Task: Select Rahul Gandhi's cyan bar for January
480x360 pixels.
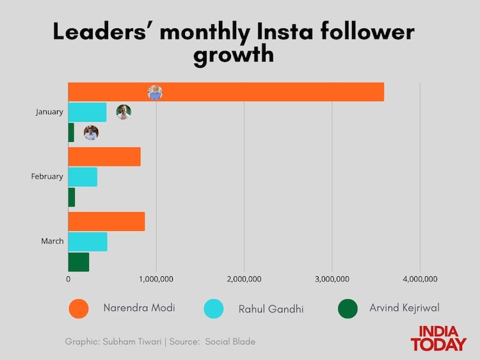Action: [87, 112]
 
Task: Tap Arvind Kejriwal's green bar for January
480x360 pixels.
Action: [71, 132]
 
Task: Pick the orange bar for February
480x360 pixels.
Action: [104, 157]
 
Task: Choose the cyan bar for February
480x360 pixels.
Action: [83, 176]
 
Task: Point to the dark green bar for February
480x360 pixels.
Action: [72, 197]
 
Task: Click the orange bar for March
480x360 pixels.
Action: [106, 221]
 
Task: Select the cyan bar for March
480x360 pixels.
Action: [88, 242]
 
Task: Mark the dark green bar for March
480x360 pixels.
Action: [79, 262]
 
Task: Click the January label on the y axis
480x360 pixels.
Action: [49, 112]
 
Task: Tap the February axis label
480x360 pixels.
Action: [47, 176]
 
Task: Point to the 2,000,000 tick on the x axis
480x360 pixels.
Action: [244, 279]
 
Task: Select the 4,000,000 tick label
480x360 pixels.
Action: [420, 279]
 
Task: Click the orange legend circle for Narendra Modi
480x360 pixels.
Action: [78, 309]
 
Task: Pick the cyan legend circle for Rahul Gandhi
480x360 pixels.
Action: [213, 309]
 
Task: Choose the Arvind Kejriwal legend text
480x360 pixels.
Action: [404, 308]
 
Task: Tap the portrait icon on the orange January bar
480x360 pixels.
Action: [155, 93]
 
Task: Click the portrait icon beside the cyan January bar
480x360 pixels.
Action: [124, 112]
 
